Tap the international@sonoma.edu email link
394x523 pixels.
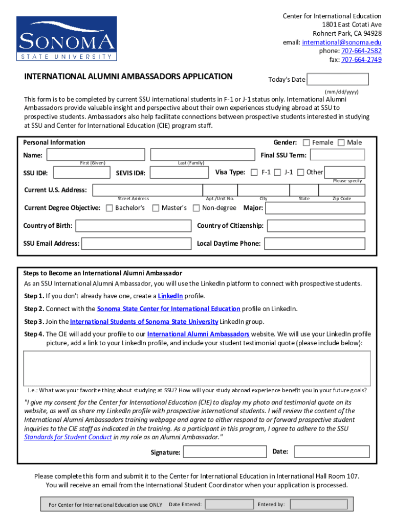click(341, 42)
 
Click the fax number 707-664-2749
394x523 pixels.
click(361, 60)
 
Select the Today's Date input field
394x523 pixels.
click(337, 79)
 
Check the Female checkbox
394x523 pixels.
click(307, 142)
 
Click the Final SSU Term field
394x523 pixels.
click(338, 155)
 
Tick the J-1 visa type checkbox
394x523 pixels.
click(277, 173)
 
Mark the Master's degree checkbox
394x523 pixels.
click(156, 208)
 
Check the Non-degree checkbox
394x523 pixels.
click(196, 208)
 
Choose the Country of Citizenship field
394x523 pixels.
click(316, 226)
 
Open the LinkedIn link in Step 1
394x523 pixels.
click(170, 296)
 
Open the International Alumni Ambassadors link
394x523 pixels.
click(198, 334)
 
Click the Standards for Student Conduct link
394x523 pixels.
click(68, 437)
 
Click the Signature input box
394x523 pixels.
click(224, 452)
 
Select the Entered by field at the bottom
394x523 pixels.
click(312, 504)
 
